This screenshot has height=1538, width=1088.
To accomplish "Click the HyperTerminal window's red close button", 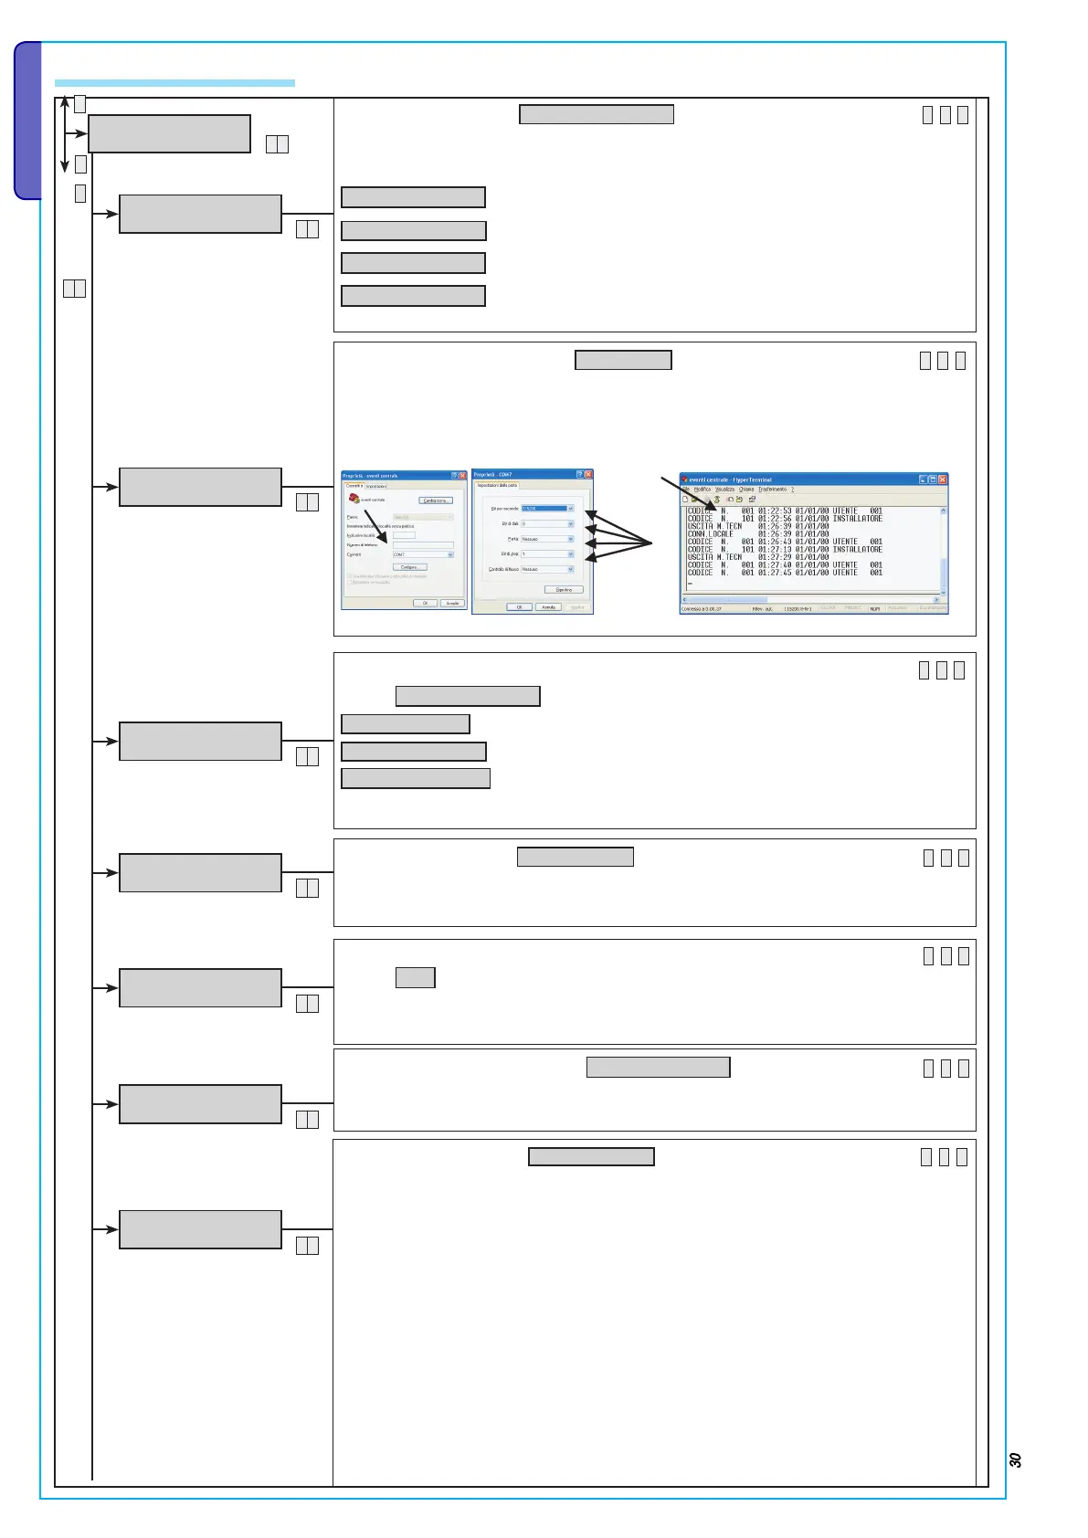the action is click(x=943, y=479).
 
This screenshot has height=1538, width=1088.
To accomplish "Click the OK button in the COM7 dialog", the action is click(x=520, y=606).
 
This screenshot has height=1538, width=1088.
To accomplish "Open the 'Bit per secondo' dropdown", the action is click(x=548, y=509).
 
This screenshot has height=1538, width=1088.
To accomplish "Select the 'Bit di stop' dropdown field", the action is click(x=548, y=554).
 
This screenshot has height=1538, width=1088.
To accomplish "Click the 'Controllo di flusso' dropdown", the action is click(x=548, y=569).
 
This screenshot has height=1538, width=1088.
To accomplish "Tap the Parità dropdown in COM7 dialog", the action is click(x=548, y=539).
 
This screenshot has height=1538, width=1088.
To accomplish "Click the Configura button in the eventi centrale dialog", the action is click(x=409, y=567).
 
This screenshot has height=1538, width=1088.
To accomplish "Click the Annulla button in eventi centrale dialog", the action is click(x=452, y=604).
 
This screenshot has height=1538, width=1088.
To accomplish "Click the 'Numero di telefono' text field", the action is click(x=423, y=545).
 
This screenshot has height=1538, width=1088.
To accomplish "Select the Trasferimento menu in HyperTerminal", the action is click(x=772, y=490).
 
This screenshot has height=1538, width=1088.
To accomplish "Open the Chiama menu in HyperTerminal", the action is click(x=746, y=490).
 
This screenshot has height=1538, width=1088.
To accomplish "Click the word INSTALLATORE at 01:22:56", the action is click(x=857, y=519).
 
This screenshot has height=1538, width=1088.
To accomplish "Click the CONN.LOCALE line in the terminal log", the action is click(x=711, y=534).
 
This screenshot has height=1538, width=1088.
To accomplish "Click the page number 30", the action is click(x=1015, y=1459).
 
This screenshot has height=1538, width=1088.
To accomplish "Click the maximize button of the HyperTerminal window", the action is click(x=932, y=479).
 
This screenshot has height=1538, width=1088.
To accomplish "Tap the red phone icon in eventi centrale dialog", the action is click(x=354, y=499).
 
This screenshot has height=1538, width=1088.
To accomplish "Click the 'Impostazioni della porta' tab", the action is click(x=496, y=485).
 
